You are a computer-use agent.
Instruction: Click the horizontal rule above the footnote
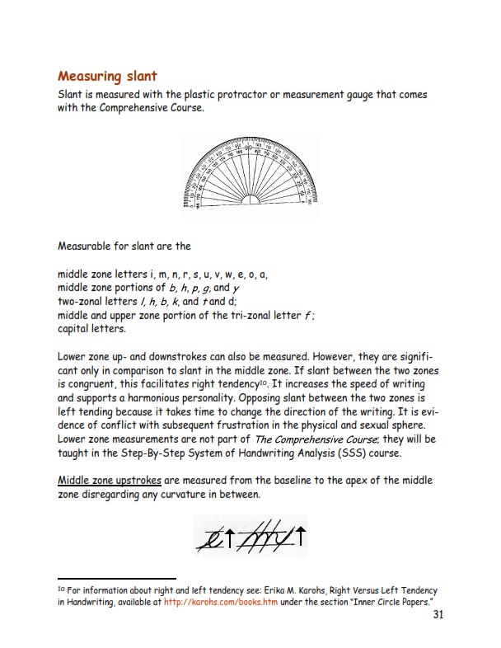pyautogui.click(x=117, y=579)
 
